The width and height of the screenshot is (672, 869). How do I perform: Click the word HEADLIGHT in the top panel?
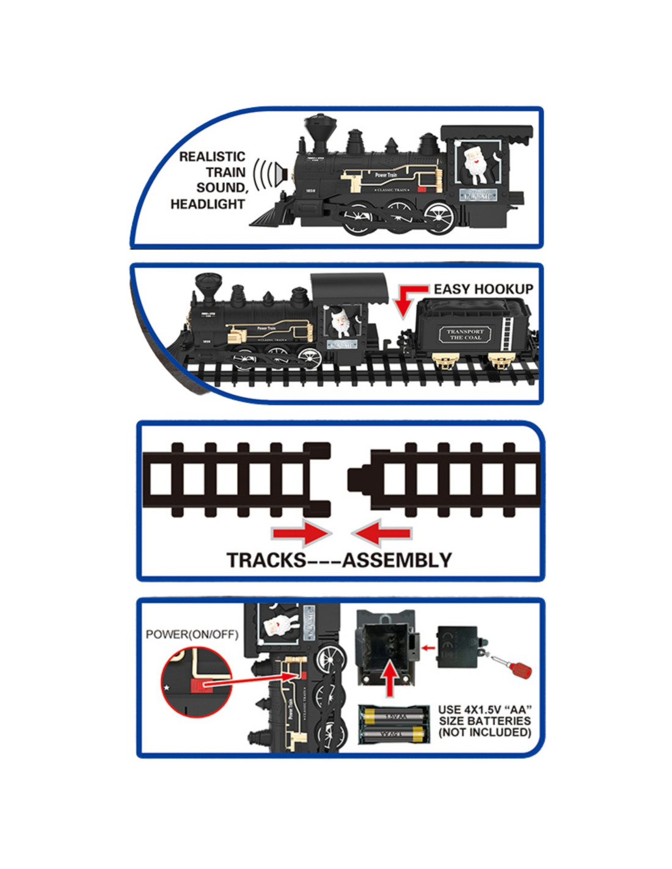coord(208,204)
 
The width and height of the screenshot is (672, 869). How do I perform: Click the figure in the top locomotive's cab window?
coord(477,164)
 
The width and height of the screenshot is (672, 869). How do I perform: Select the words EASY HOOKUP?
coord(483,289)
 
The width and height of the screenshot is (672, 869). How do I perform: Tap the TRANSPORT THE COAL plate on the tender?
coord(465,334)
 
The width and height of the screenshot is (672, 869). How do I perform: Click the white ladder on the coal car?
coord(506,334)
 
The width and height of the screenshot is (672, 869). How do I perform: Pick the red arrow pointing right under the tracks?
coord(301,533)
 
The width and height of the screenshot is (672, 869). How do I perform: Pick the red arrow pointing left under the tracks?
coord(382,533)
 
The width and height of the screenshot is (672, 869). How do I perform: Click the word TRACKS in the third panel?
coord(266,560)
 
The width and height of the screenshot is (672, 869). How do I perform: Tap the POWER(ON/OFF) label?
coord(192,634)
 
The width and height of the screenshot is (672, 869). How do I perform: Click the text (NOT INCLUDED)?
coord(484,732)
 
